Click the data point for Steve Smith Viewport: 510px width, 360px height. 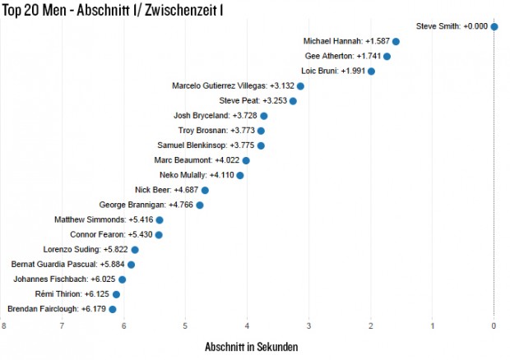494,26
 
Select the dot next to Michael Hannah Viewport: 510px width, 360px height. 396,41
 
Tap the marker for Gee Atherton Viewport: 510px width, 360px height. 387,56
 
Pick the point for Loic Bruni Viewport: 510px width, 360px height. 371,71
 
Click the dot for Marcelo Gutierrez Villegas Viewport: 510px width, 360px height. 300,86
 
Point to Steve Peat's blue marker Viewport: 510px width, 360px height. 293,100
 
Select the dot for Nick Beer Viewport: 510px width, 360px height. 205,190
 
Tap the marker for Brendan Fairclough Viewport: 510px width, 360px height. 113,309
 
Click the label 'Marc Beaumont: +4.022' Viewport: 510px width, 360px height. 196,160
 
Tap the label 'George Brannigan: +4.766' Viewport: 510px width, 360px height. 146,205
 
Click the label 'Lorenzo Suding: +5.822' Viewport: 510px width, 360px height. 85,249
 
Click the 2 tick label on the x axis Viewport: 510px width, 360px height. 371,326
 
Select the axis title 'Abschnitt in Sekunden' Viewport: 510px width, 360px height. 251,347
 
